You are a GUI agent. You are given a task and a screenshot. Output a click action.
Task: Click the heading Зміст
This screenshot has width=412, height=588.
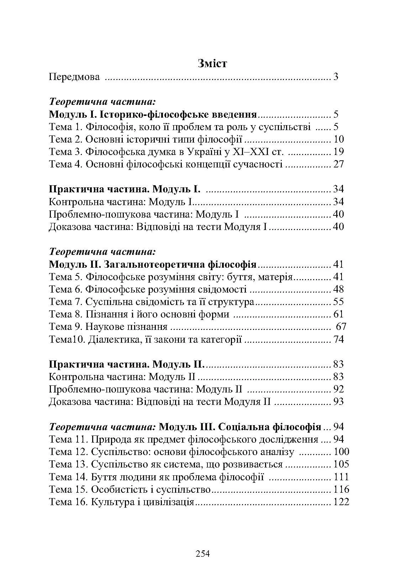(212, 64)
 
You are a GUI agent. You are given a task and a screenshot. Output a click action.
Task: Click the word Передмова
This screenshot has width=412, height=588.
(74, 77)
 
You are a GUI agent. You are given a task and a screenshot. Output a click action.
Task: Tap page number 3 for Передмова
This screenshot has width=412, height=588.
(336, 77)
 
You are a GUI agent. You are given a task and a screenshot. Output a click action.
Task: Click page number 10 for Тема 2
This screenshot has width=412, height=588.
(339, 139)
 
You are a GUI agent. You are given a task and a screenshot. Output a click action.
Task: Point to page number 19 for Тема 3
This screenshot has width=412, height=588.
(339, 152)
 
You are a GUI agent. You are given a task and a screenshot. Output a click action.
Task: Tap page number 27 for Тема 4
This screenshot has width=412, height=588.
(339, 164)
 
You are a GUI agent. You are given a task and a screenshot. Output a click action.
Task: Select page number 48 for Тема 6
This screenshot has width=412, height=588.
(339, 289)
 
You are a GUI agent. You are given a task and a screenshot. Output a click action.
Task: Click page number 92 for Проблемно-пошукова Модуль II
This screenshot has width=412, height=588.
(339, 389)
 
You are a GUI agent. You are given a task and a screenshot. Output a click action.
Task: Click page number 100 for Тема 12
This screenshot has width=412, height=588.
(341, 452)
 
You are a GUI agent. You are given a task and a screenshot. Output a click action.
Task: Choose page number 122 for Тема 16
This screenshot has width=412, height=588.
(341, 502)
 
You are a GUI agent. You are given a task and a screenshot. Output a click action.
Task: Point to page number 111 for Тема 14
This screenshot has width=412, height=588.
(341, 477)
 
